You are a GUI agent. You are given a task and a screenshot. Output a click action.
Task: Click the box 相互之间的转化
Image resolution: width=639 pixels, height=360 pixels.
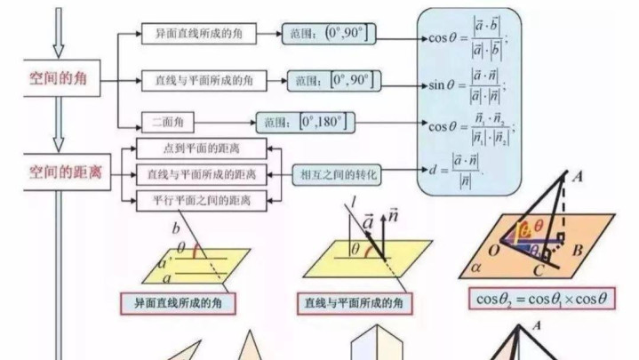[339, 174]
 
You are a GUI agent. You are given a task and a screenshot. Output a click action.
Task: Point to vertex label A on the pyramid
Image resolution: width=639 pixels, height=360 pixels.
[577, 177]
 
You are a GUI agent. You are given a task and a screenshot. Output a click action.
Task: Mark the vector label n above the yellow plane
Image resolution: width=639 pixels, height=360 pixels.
[392, 215]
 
